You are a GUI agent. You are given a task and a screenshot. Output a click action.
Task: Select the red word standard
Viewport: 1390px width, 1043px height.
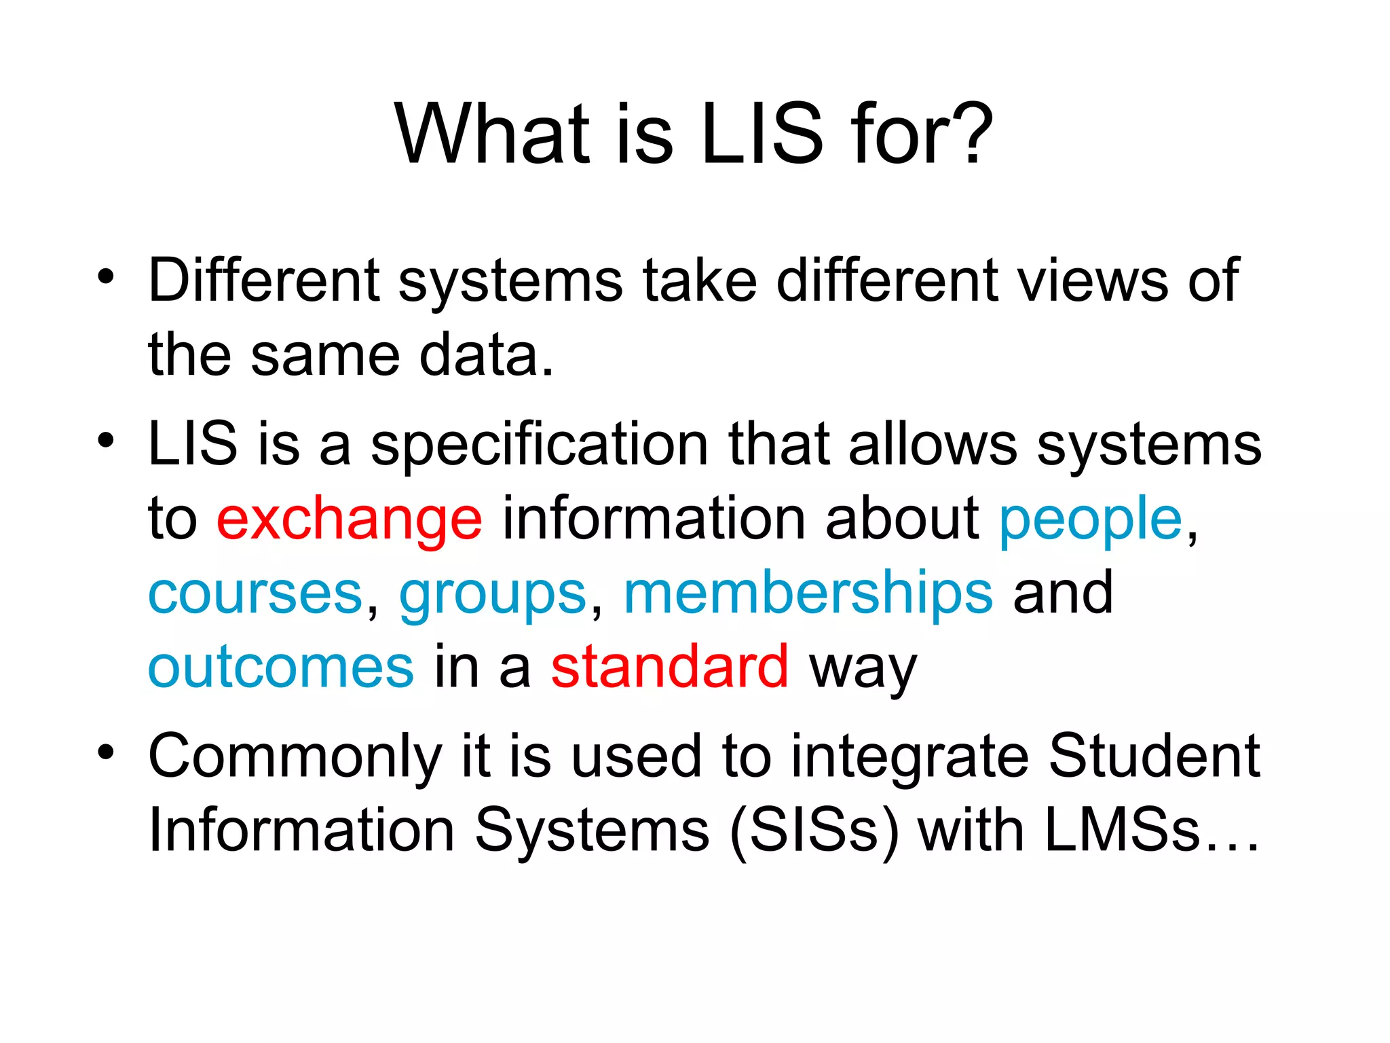click(669, 667)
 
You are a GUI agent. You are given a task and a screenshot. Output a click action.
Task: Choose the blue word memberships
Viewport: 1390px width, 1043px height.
click(808, 593)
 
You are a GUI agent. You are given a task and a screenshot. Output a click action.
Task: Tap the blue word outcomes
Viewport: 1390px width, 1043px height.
click(280, 667)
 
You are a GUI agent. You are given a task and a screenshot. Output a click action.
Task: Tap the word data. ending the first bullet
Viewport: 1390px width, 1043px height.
click(485, 355)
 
